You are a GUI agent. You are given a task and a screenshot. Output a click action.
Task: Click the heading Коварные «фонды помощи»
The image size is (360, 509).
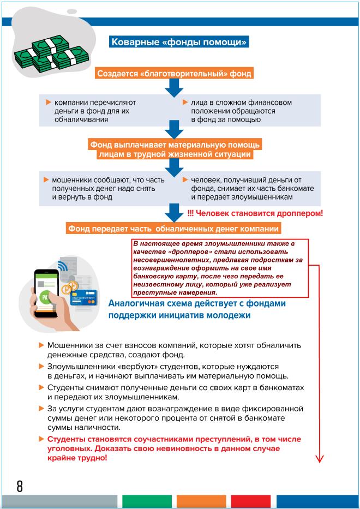(x=179, y=42)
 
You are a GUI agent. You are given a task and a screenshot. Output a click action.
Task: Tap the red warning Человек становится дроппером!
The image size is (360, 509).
(x=255, y=213)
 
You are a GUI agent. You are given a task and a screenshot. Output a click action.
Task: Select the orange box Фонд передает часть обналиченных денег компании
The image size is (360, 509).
(x=173, y=229)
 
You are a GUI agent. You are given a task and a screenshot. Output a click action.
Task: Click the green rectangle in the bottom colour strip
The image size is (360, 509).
(x=147, y=501)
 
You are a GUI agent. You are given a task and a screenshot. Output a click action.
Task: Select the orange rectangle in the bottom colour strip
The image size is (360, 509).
(x=201, y=501)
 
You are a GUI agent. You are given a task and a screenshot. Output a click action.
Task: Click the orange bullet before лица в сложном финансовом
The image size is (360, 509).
(x=185, y=102)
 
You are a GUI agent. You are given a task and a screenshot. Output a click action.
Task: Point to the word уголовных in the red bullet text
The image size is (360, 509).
(x=66, y=449)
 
